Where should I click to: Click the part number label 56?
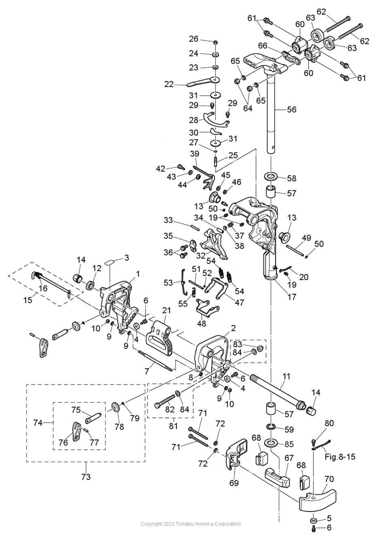tap(291, 110)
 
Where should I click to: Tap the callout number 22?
tap(169, 84)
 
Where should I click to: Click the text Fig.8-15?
tap(340, 456)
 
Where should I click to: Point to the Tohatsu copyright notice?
tap(191, 524)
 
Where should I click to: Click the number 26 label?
tap(194, 39)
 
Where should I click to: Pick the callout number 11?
tap(286, 376)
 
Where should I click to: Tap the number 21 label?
tap(166, 310)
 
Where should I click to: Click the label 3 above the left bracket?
tap(127, 258)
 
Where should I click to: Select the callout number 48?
tap(201, 323)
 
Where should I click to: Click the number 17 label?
tap(291, 296)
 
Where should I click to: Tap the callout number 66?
tap(263, 46)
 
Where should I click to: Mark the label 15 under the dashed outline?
tap(28, 300)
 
